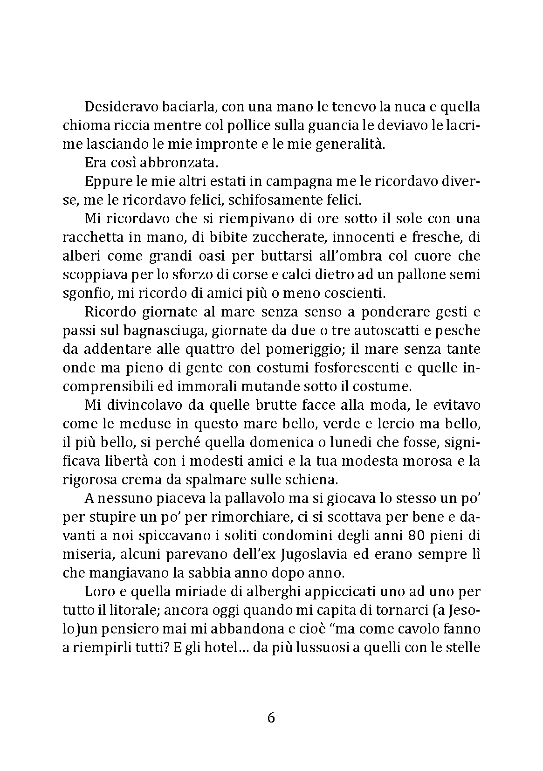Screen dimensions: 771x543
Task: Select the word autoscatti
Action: click(367, 331)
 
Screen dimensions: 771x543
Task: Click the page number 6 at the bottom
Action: click(271, 717)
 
